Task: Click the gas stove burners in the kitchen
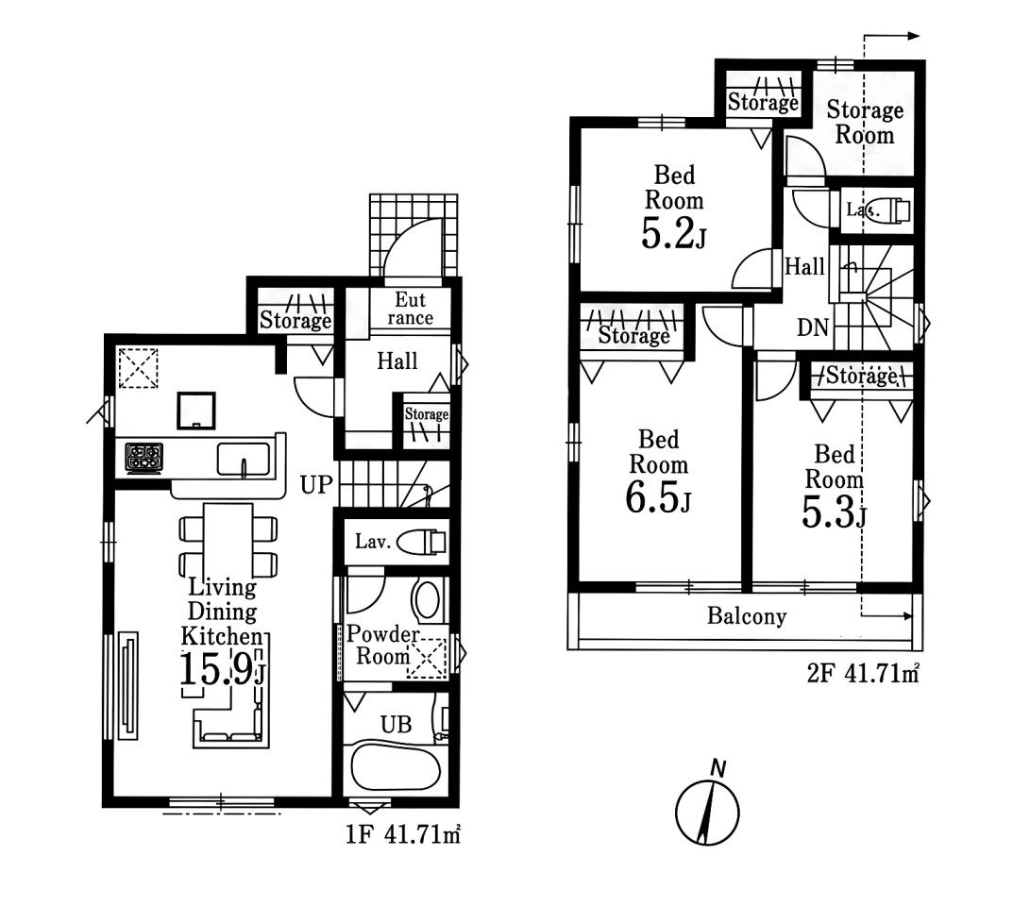144,457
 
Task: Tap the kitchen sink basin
243,459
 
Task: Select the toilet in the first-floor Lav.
421,542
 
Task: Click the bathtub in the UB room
396,768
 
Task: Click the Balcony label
747,616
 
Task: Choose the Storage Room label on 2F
865,122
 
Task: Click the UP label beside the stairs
316,484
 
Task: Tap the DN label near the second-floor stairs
813,327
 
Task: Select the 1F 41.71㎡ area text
402,834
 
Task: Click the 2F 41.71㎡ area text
863,674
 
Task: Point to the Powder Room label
383,645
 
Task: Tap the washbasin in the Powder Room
427,600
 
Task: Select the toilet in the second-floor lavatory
890,210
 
